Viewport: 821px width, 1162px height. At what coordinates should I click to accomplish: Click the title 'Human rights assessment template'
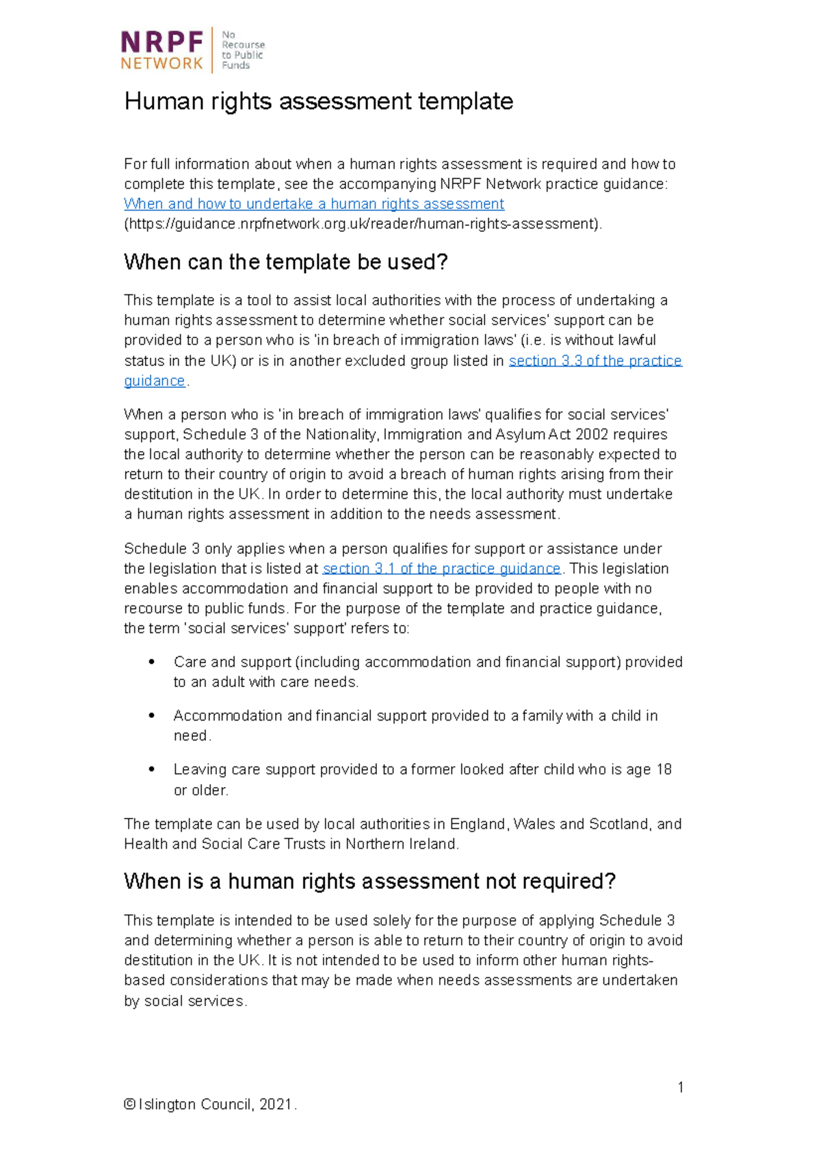pyautogui.click(x=318, y=101)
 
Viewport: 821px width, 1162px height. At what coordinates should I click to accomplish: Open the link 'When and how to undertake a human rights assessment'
pyautogui.click(x=314, y=204)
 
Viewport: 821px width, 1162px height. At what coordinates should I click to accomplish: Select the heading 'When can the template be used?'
pyautogui.click(x=285, y=262)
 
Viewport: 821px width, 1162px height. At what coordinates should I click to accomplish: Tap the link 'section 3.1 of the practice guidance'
pyautogui.click(x=441, y=569)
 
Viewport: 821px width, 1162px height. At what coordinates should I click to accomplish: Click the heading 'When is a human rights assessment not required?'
pyautogui.click(x=369, y=881)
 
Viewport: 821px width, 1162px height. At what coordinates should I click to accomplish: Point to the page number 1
pyautogui.click(x=680, y=1087)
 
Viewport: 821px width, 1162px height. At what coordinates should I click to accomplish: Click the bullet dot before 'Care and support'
pyautogui.click(x=152, y=662)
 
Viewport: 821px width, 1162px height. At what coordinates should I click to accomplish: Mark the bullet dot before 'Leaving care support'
pyautogui.click(x=152, y=769)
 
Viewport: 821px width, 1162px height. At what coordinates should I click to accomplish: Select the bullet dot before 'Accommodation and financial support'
pyautogui.click(x=152, y=716)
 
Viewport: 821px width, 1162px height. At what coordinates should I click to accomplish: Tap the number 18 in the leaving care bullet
pyautogui.click(x=664, y=770)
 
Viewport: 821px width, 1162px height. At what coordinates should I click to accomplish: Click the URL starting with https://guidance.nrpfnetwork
pyautogui.click(x=363, y=224)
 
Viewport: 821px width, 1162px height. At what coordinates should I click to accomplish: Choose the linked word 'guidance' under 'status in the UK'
pyautogui.click(x=155, y=381)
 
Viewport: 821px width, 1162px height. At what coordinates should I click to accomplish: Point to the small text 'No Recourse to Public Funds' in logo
pyautogui.click(x=242, y=50)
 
